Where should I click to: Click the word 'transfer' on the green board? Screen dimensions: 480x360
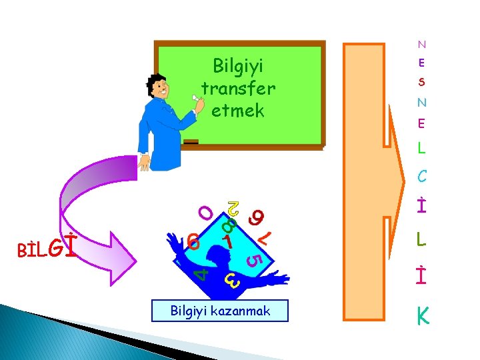(238, 89)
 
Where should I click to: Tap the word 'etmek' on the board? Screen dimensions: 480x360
(238, 110)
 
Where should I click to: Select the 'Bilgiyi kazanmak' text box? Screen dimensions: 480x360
(220, 311)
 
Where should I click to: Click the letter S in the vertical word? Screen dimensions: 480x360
(421, 83)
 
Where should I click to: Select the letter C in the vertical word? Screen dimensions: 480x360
(421, 177)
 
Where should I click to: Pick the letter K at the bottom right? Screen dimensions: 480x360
(422, 317)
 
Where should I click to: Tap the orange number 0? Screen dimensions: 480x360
(207, 213)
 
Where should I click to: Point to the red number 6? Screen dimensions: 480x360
(193, 241)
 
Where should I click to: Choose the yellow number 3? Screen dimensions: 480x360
(231, 281)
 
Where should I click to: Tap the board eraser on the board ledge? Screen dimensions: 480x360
(191, 142)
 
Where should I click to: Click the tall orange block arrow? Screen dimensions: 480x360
(373, 180)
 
